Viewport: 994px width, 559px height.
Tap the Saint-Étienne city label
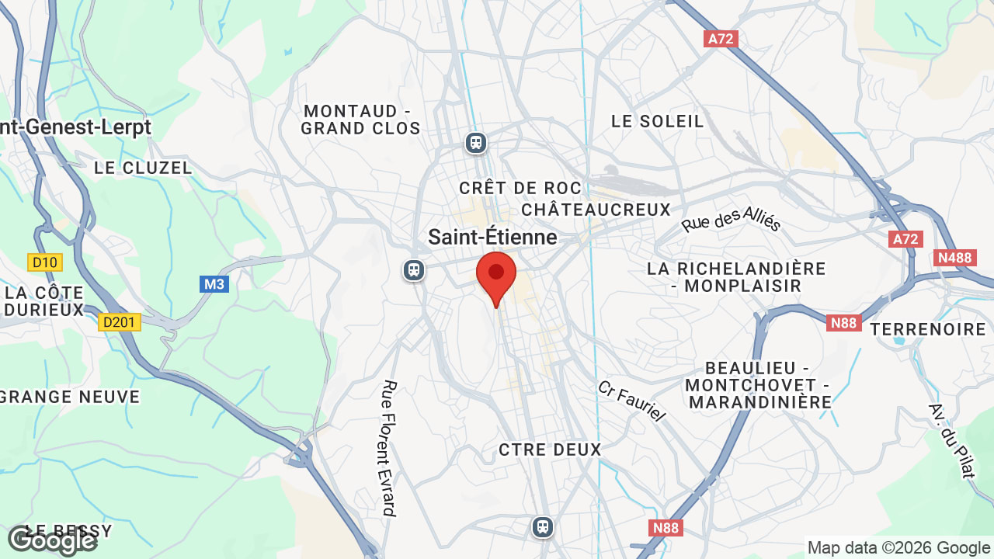click(x=492, y=237)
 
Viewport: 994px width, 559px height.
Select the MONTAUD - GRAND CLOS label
click(x=360, y=120)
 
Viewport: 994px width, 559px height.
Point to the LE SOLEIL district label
click(x=657, y=121)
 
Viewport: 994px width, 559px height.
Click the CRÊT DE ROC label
click(x=520, y=188)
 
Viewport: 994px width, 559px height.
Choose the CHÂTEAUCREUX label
click(x=596, y=210)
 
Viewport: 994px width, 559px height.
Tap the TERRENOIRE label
click(x=927, y=329)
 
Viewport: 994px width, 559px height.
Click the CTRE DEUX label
click(x=550, y=450)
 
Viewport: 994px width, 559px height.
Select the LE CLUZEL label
click(x=143, y=168)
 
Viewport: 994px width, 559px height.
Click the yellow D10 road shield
click(x=45, y=262)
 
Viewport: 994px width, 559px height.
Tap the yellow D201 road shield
click(x=120, y=322)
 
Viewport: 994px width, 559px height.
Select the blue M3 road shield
click(x=214, y=284)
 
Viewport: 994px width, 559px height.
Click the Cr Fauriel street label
click(x=631, y=401)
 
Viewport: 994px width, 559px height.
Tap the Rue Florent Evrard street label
click(x=390, y=448)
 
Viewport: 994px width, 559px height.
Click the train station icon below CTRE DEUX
click(x=542, y=527)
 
